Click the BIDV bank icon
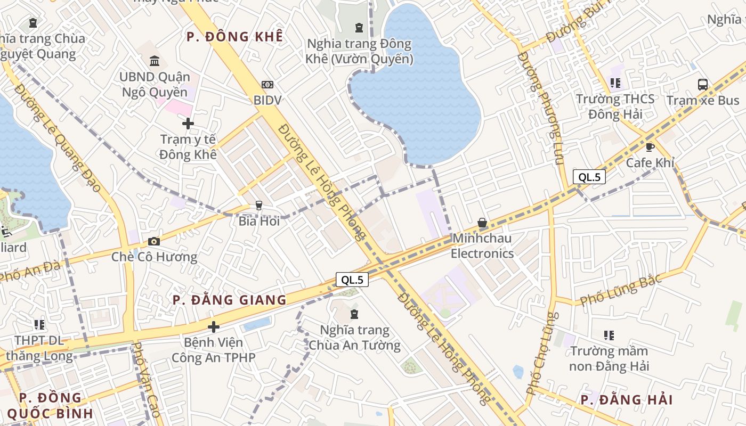coord(267,85)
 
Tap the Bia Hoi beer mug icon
coord(259,205)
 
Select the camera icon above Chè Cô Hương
coord(154,242)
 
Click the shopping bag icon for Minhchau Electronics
coord(482,223)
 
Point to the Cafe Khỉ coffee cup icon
coord(650,147)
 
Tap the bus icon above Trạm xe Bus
coord(703,85)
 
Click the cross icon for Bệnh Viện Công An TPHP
coord(214,326)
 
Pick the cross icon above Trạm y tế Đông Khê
coord(188,124)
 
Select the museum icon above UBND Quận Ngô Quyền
coord(155,61)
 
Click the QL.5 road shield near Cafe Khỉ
coord(589,177)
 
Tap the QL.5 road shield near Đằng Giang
coord(352,280)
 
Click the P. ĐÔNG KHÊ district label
coord(234,37)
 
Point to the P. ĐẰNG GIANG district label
coord(230,300)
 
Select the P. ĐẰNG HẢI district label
coord(627,400)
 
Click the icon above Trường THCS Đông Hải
coord(615,83)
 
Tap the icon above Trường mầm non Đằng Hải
coord(609,335)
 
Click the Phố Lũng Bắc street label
coord(621,290)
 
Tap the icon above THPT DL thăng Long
coord(39,324)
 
